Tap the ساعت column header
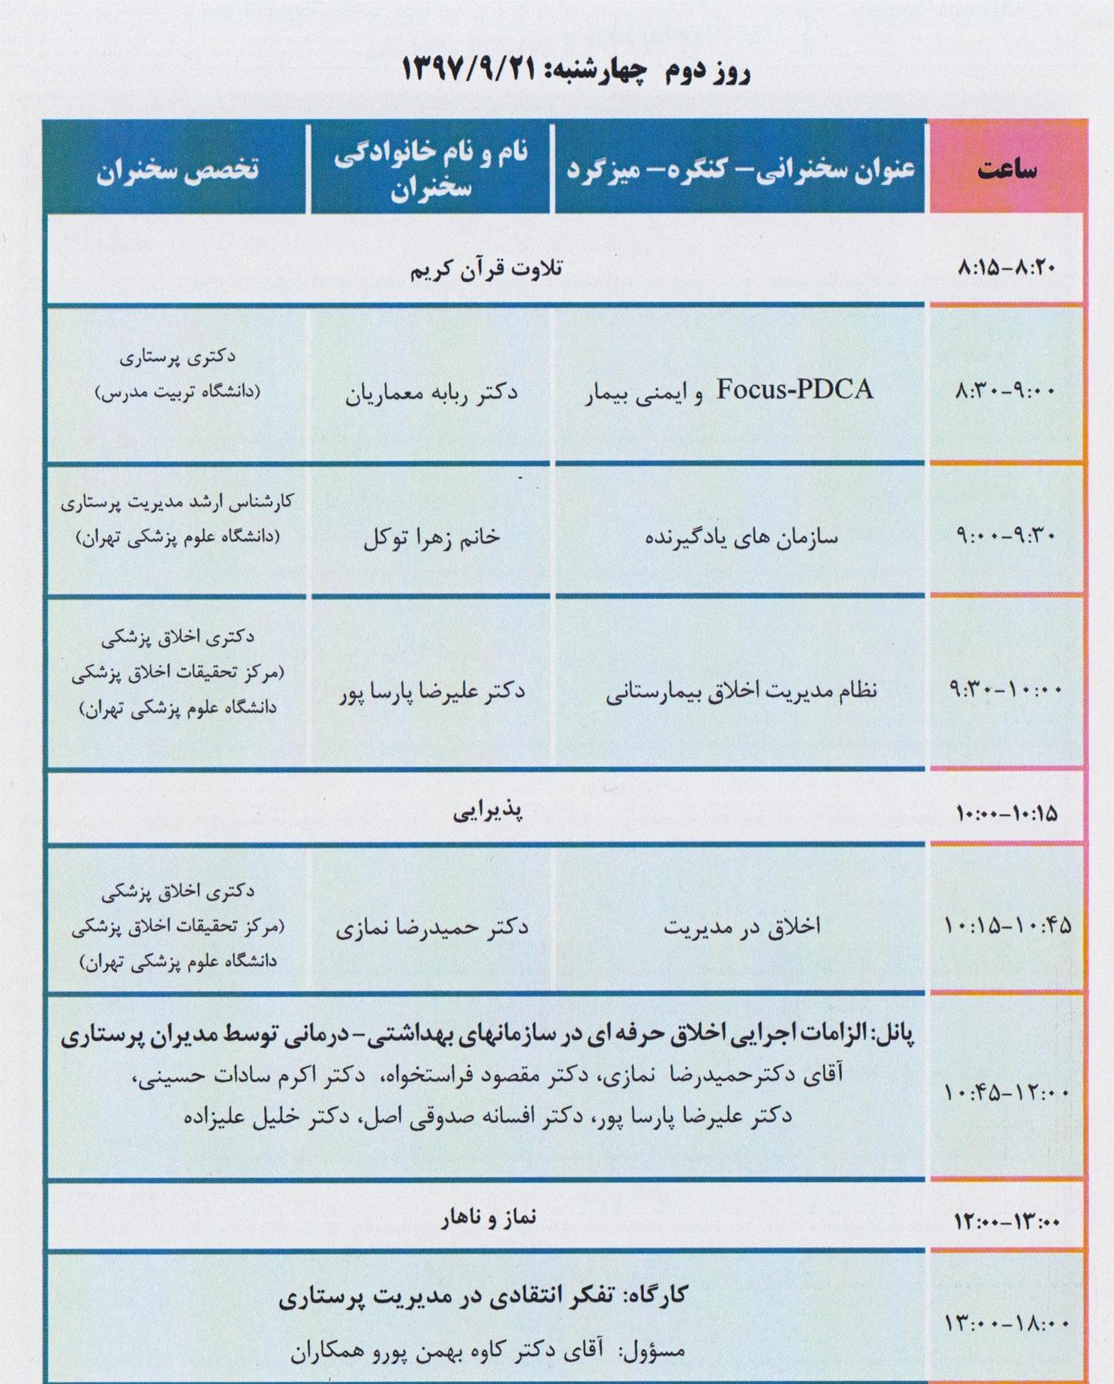pyautogui.click(x=1006, y=169)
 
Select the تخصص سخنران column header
pyautogui.click(x=178, y=169)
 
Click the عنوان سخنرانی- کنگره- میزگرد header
pyautogui.click(x=740, y=169)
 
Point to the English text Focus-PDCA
pyautogui.click(x=795, y=390)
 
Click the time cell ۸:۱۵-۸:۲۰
pyautogui.click(x=1006, y=268)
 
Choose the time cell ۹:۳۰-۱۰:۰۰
pyautogui.click(x=1006, y=690)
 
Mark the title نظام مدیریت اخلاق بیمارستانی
pyautogui.click(x=741, y=691)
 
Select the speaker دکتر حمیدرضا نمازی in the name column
pyautogui.click(x=432, y=927)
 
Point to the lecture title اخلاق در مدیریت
pyautogui.click(x=742, y=927)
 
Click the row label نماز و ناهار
pyautogui.click(x=488, y=1219)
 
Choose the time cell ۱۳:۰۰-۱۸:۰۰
pyautogui.click(x=1006, y=1324)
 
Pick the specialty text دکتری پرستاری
pyautogui.click(x=178, y=357)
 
